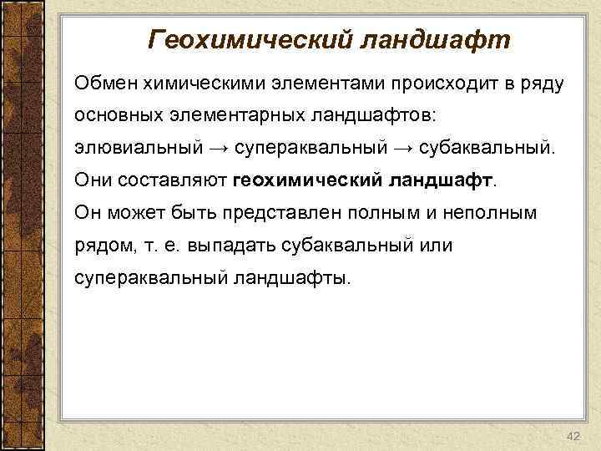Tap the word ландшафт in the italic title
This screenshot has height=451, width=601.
tap(435, 39)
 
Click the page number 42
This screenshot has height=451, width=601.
tap(572, 438)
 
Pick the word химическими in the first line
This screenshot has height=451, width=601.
tap(192, 83)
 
